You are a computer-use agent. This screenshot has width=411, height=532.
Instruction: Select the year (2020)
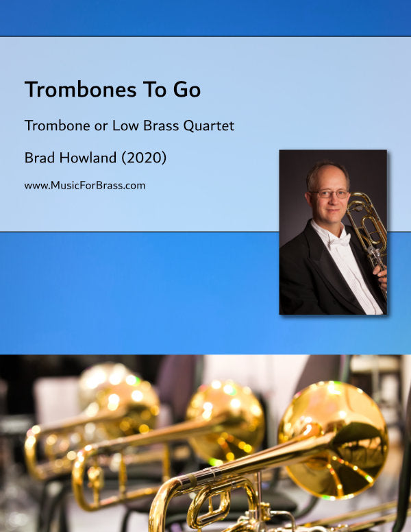(142, 158)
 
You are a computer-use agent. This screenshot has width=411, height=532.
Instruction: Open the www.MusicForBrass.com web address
(84, 185)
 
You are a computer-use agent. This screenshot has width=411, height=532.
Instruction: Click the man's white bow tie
(340, 240)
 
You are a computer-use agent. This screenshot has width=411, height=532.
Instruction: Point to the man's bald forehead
(327, 175)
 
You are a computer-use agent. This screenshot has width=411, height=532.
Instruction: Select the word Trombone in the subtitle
(53, 126)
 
